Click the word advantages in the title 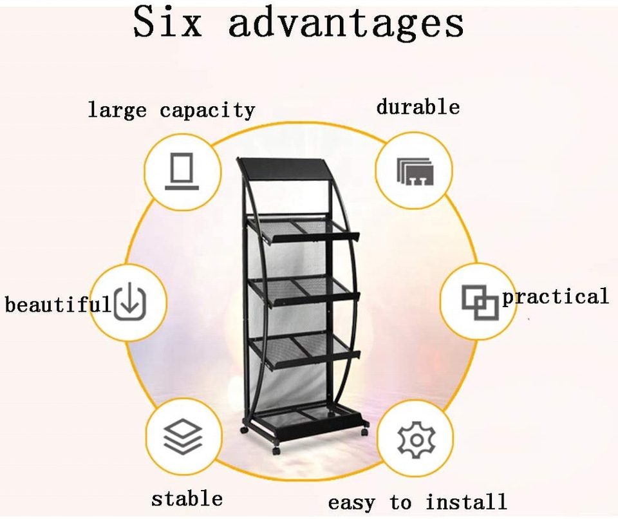346,23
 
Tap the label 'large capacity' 171,110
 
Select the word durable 418,106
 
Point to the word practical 555,297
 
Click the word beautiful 58,303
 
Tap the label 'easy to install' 417,502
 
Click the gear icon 416,440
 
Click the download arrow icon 130,302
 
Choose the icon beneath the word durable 415,171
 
